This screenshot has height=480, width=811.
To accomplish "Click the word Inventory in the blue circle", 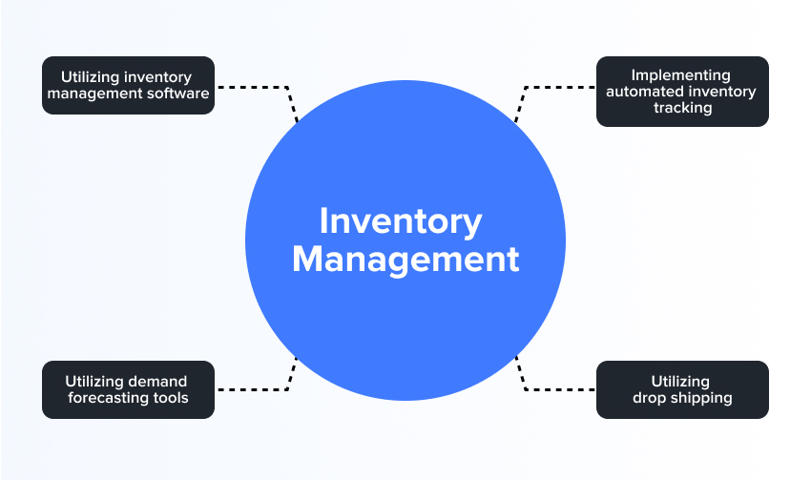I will tap(401, 221).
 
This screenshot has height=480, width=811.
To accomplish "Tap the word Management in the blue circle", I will tap(405, 260).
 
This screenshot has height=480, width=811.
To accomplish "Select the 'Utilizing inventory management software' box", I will tap(128, 85).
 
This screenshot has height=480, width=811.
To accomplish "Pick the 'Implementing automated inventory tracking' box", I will tap(682, 92).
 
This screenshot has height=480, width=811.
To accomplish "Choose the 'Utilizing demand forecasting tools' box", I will tap(128, 389).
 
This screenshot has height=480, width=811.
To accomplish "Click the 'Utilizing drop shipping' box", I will tap(682, 389).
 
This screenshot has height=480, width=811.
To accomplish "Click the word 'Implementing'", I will tap(681, 75).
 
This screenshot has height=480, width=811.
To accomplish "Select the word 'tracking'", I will tap(682, 108).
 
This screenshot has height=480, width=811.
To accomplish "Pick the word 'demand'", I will tap(157, 382).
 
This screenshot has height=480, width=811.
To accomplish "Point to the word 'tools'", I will tap(172, 398).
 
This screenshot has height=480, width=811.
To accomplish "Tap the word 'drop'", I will tap(649, 398).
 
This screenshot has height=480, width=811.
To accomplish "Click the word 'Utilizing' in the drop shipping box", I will tap(681, 382).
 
